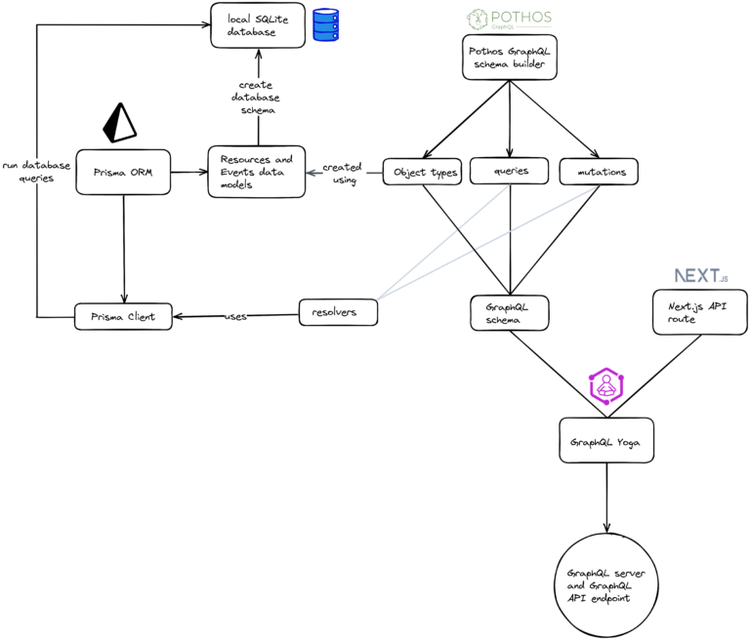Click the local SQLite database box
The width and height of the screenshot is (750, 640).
pyautogui.click(x=256, y=24)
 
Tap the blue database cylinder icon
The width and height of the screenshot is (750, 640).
pyautogui.click(x=324, y=25)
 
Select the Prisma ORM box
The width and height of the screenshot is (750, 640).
pyautogui.click(x=122, y=172)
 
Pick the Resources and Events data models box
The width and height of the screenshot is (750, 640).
pyautogui.click(x=257, y=172)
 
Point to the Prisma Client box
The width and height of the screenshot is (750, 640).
pyautogui.click(x=123, y=315)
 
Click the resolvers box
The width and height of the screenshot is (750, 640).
pyautogui.click(x=337, y=312)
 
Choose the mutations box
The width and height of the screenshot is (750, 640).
pyautogui.click(x=599, y=172)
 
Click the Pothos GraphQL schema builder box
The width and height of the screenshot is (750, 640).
pyautogui.click(x=509, y=58)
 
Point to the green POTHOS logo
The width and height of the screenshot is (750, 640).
pyautogui.click(x=509, y=19)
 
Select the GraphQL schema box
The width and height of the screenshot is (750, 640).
pyautogui.click(x=508, y=312)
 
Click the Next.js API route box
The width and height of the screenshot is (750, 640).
pyautogui.click(x=700, y=311)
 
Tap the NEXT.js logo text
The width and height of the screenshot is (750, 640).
pyautogui.click(x=700, y=276)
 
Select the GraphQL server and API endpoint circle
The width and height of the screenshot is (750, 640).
pyautogui.click(x=606, y=584)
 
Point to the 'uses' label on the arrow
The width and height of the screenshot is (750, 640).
pyautogui.click(x=235, y=316)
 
